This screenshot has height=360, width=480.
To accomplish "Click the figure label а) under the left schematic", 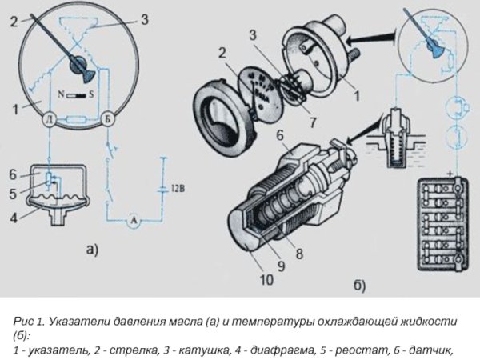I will pyautogui.click(x=91, y=250).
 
